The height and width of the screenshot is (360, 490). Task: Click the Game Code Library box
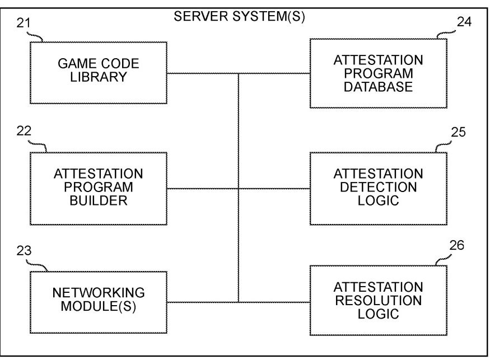pos(99,73)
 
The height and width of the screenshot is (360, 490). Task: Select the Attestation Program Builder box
pos(99,189)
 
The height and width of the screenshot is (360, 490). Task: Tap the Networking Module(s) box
pos(99,302)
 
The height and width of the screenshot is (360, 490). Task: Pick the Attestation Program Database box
pos(379,73)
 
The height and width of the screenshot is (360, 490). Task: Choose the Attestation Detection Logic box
pos(379,189)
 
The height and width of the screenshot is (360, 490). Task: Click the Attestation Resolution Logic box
pos(379,300)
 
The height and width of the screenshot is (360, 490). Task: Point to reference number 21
pos(24,23)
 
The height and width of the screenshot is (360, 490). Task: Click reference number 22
pos(24,131)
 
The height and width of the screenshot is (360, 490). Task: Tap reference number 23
pos(24,251)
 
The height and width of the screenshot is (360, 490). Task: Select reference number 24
pos(464,22)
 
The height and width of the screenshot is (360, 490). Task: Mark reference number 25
pos(458,132)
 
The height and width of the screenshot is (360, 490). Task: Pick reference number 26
pos(457,245)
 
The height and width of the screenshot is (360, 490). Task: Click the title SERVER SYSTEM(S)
pos(239,16)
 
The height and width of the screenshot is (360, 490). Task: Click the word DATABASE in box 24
pos(378,87)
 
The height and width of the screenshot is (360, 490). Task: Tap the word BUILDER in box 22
pos(99,200)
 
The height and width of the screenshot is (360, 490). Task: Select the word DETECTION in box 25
pos(379,187)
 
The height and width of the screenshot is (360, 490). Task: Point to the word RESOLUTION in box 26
pos(379,300)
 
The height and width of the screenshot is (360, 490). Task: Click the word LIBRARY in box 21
pos(99,77)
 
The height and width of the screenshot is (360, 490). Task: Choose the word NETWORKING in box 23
pos(99,292)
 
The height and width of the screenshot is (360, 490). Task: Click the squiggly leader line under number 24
pos(446,34)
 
